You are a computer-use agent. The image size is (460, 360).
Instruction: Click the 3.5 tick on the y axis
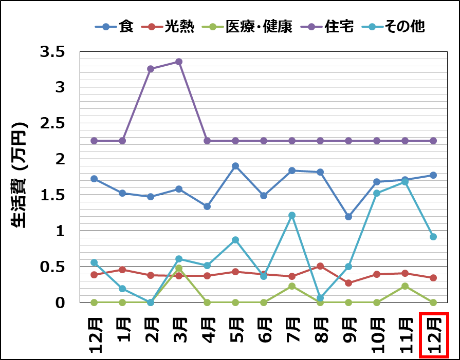53,52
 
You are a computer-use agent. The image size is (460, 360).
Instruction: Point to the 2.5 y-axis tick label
53,123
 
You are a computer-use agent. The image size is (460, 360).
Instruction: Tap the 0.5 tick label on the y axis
53,267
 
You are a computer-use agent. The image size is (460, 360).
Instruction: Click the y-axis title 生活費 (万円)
20,175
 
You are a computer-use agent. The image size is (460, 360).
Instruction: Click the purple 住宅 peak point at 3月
179,62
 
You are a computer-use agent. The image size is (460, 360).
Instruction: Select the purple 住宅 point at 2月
151,69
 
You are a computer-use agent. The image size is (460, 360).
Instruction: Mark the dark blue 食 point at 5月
235,166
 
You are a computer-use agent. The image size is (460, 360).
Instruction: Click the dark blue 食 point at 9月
348,217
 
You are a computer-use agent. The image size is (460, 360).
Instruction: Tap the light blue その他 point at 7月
292,215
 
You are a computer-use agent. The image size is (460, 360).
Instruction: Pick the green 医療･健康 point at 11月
405,286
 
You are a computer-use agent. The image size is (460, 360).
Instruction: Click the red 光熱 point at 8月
320,266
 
